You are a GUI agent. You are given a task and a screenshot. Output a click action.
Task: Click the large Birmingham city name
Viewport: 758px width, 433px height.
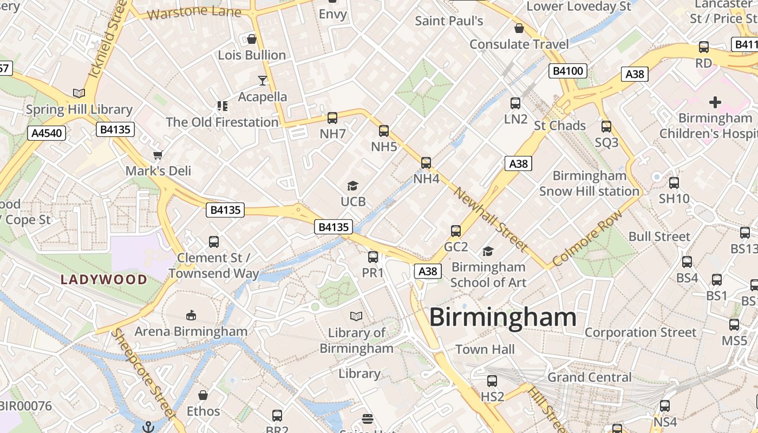[x=502, y=318]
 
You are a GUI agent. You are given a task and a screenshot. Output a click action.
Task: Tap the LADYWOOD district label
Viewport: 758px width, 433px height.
[x=104, y=280]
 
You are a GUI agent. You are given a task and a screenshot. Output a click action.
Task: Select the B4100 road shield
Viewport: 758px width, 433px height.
[x=567, y=71]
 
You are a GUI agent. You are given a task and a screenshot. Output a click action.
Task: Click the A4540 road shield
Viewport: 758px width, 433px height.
[x=47, y=133]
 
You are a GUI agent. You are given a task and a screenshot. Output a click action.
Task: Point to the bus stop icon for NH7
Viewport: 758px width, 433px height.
[x=332, y=118]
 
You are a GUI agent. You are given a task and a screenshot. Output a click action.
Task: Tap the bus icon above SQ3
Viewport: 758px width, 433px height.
[x=606, y=127]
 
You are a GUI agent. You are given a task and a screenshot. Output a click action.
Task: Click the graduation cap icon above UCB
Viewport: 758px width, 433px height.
[x=353, y=186]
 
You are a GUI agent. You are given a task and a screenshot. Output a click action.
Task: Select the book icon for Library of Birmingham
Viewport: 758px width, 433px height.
[x=356, y=316]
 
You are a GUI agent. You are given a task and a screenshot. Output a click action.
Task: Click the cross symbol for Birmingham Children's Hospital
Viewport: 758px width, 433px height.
[x=715, y=102]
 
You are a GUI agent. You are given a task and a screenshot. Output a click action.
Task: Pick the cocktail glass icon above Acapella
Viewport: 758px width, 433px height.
[x=263, y=81]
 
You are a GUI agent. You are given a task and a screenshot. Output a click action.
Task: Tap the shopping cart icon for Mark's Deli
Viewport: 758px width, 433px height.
[x=158, y=155]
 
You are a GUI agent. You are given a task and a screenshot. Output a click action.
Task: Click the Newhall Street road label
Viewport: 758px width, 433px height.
[x=491, y=219]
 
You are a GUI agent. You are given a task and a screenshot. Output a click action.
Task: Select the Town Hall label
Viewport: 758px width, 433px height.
[x=485, y=350]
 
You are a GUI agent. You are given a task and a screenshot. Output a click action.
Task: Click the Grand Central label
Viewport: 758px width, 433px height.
[x=590, y=377]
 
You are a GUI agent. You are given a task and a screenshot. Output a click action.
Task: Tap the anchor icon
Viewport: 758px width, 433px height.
[x=148, y=427]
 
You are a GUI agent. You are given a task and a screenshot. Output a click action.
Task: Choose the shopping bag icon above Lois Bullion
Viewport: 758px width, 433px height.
[x=252, y=39]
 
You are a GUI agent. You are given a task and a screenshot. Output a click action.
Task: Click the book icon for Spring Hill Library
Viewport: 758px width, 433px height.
[x=79, y=93]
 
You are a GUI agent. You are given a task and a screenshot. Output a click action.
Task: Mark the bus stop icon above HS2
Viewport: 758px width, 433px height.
[x=492, y=381]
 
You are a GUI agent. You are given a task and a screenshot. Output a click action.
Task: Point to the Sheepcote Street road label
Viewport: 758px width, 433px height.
[x=143, y=373]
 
